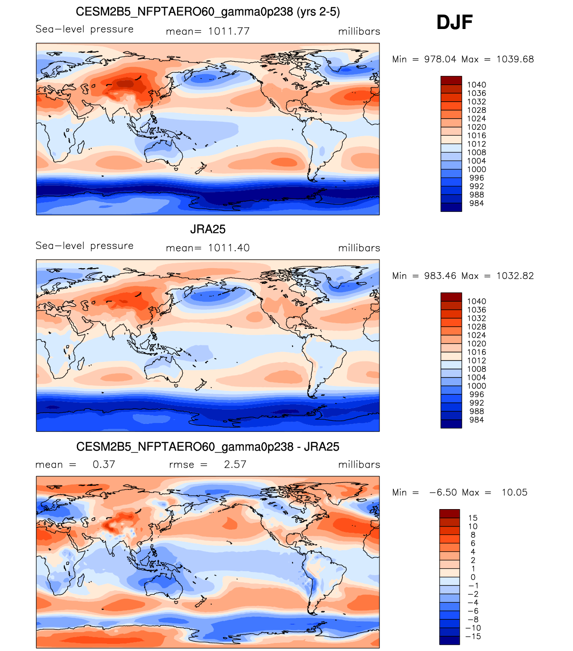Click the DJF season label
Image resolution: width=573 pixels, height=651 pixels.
click(454, 22)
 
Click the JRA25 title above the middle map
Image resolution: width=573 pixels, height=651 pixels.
click(208, 229)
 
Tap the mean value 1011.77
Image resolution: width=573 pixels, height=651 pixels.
click(229, 31)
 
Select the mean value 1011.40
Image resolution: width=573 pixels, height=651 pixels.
click(229, 248)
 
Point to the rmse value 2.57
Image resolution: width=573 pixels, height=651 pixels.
click(235, 464)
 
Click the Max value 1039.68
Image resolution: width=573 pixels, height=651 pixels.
click(515, 59)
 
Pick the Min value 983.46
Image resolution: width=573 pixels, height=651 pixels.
click(440, 276)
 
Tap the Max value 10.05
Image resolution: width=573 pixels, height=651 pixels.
click(514, 493)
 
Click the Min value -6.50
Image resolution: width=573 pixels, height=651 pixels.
click(443, 493)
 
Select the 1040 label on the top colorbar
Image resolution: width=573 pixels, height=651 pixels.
click(476, 85)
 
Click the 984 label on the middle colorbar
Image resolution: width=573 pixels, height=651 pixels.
click(476, 420)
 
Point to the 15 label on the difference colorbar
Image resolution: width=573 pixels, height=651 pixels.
click(473, 518)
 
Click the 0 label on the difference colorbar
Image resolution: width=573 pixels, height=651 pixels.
click(473, 577)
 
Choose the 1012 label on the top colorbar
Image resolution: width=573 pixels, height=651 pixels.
click(476, 144)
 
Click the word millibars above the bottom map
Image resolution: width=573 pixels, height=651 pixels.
click(359, 464)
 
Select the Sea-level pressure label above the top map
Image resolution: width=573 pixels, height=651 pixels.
click(85, 29)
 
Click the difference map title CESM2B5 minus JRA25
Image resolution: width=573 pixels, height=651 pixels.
click(208, 447)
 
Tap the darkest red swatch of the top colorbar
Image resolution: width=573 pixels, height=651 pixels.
click(451, 80)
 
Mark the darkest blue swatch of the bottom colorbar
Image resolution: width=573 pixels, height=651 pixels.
click(449, 640)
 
